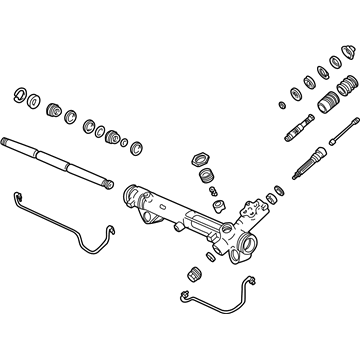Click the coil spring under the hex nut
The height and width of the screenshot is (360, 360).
point(208,178)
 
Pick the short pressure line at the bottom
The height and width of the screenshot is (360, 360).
point(215,301)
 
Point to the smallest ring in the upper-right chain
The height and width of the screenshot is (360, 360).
point(283,102)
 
